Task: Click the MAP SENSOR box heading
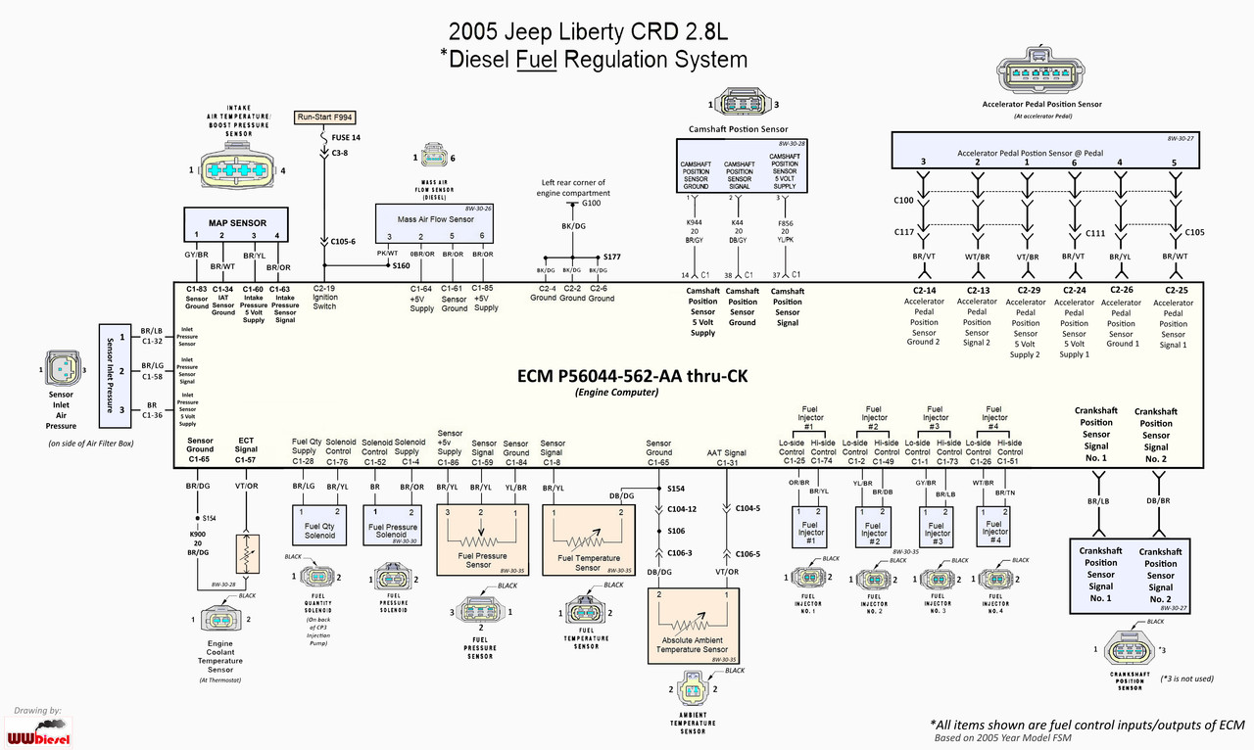tap(237, 223)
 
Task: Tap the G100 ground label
tap(591, 204)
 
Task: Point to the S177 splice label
tap(612, 258)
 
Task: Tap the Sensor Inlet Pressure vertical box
tap(110, 373)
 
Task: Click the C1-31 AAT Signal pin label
tap(727, 458)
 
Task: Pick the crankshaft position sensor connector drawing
tap(1129, 648)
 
